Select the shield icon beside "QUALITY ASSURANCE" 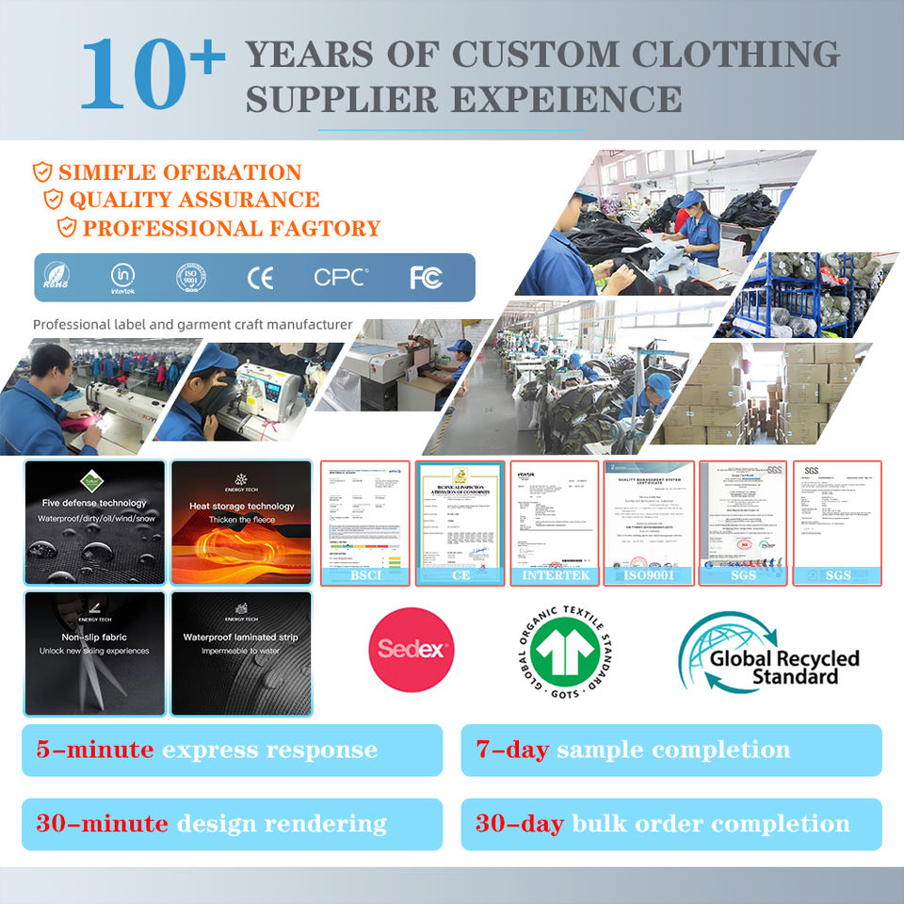tap(54, 200)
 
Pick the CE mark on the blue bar tap(260, 278)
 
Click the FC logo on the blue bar tap(426, 278)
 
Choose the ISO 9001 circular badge tap(191, 278)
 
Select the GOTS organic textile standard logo tap(560, 650)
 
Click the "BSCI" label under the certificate tap(364, 574)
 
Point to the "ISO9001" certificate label tap(649, 574)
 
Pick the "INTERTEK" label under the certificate tap(554, 574)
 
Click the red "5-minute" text tap(94, 751)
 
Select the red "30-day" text tap(519, 824)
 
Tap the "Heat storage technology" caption tap(241, 506)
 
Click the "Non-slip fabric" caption tap(94, 637)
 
